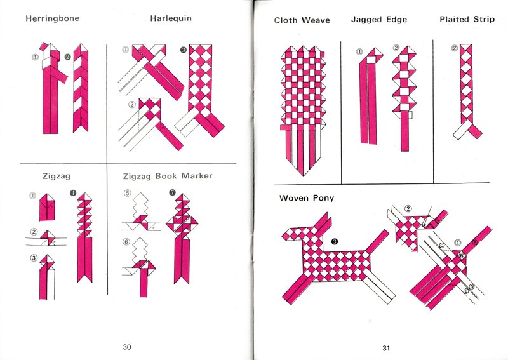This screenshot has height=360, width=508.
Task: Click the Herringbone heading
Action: [53, 18]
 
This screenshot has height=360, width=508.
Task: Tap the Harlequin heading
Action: [171, 18]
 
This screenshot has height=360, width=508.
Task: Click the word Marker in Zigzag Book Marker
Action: [197, 176]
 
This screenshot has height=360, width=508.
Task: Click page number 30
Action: [127, 347]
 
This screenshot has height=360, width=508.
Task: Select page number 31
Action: [386, 348]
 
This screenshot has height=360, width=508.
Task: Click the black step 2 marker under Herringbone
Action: [67, 57]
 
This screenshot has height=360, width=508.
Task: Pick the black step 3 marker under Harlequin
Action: [184, 50]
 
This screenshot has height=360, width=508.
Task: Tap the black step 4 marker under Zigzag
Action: [72, 193]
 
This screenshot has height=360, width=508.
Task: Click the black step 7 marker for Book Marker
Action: [172, 193]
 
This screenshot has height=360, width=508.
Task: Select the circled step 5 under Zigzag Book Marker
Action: [128, 193]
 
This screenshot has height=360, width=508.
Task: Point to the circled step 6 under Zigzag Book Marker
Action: [126, 242]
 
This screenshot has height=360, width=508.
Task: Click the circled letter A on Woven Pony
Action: [475, 242]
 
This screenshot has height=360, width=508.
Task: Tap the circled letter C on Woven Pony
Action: [441, 245]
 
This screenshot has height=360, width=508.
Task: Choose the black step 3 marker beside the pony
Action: [335, 241]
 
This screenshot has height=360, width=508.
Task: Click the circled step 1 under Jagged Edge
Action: [359, 52]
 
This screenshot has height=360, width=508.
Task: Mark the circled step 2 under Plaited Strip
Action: [454, 48]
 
